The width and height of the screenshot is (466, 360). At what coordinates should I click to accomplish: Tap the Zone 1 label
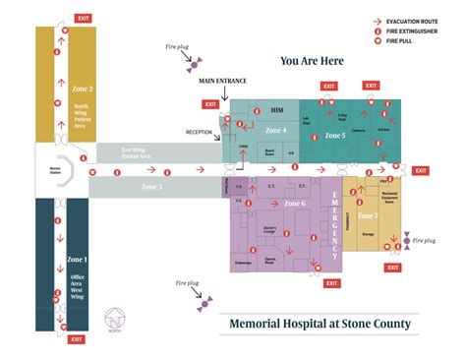pyautogui.click(x=79, y=259)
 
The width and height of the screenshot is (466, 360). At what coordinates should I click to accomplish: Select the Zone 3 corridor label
pyautogui.click(x=151, y=185)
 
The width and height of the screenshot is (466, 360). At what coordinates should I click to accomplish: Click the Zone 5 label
pyautogui.click(x=336, y=136)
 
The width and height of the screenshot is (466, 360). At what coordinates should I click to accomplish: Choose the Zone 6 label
pyautogui.click(x=295, y=204)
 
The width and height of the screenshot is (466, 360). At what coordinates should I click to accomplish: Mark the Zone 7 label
pyautogui.click(x=369, y=215)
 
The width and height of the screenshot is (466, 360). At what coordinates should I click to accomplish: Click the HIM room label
pyautogui.click(x=276, y=112)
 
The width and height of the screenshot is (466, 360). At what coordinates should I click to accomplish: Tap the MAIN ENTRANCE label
pyautogui.click(x=222, y=81)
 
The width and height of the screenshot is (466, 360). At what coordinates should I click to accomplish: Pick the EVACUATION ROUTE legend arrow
pyautogui.click(x=378, y=20)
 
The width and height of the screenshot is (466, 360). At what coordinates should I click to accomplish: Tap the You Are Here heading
pyautogui.click(x=312, y=61)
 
